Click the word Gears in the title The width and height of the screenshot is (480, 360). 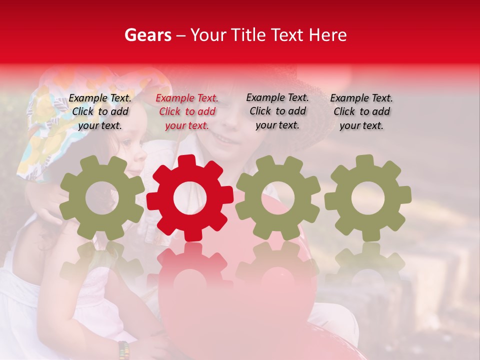point(147,35)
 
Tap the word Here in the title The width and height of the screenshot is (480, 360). point(327,35)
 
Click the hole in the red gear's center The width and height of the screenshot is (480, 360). point(190,198)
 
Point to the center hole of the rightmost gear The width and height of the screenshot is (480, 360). point(368,198)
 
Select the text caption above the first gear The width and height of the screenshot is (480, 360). point(100,111)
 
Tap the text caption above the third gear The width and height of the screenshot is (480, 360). point(277,111)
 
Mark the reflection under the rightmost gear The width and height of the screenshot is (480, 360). point(368,262)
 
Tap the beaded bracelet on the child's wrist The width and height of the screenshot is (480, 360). point(123,349)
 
